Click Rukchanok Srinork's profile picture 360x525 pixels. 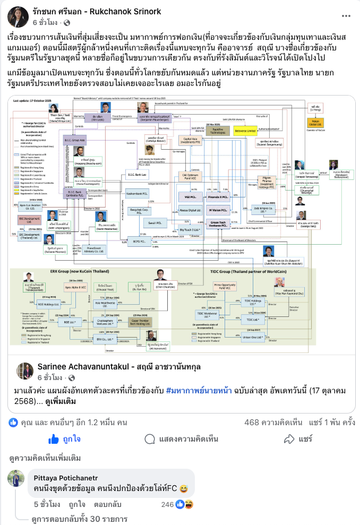pos(18,17)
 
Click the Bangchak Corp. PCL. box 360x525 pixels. pos(138,209)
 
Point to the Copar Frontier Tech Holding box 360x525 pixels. pos(130,322)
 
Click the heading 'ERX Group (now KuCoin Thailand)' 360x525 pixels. pos(53,271)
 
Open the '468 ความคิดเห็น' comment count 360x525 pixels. pos(272,423)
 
